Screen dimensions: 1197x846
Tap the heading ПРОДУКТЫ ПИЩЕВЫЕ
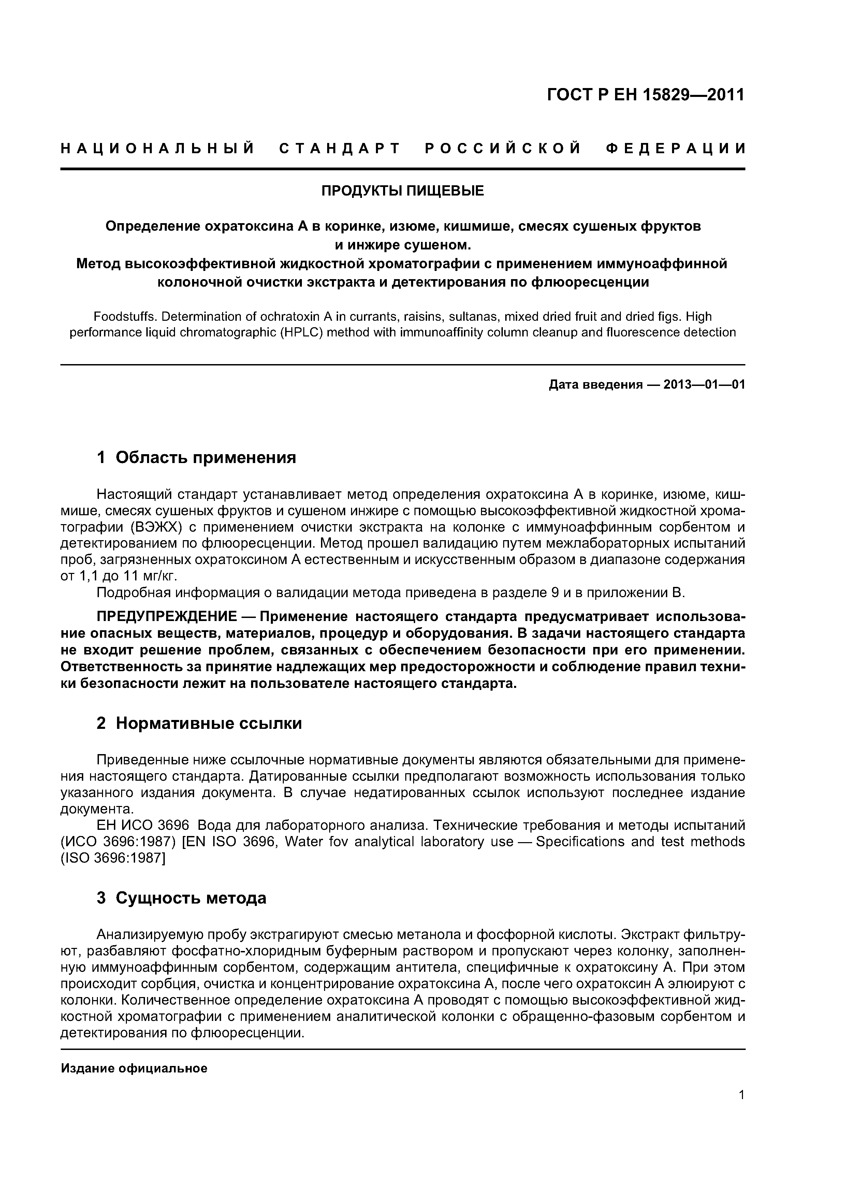(402, 191)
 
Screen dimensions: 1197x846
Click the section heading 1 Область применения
(196, 458)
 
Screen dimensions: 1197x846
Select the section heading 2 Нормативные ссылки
(199, 724)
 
